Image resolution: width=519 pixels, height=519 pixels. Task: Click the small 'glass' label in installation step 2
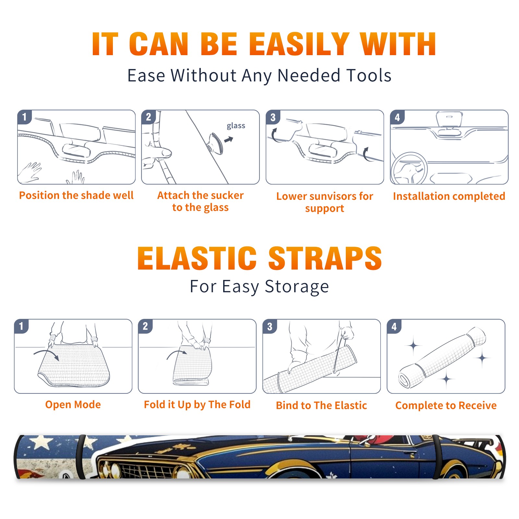(236, 126)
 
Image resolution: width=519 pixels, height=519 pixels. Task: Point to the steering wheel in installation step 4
(409, 168)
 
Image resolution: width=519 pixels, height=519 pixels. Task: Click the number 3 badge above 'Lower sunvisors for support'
(273, 117)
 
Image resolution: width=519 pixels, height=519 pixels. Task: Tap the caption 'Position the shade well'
(76, 195)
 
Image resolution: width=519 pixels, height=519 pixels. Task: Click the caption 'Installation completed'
(449, 196)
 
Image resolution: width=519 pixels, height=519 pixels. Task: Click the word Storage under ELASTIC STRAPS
(297, 286)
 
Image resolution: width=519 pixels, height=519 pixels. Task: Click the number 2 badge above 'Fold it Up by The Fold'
(145, 326)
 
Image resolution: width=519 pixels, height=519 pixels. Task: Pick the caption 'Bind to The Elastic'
(321, 405)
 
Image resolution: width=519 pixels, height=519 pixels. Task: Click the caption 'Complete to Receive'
(446, 405)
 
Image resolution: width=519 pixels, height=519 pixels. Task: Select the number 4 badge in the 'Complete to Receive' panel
(394, 326)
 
